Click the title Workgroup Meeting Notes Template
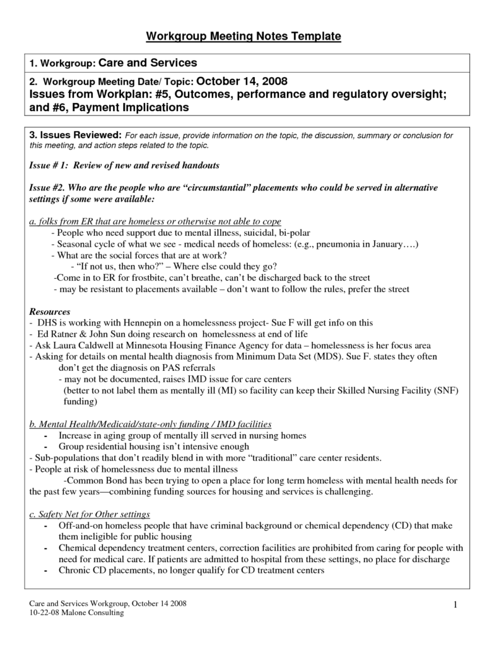tap(244, 37)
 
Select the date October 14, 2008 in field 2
tap(243, 81)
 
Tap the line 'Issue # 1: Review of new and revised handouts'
tap(124, 165)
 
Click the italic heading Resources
tap(50, 312)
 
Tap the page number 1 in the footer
tap(454, 606)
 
